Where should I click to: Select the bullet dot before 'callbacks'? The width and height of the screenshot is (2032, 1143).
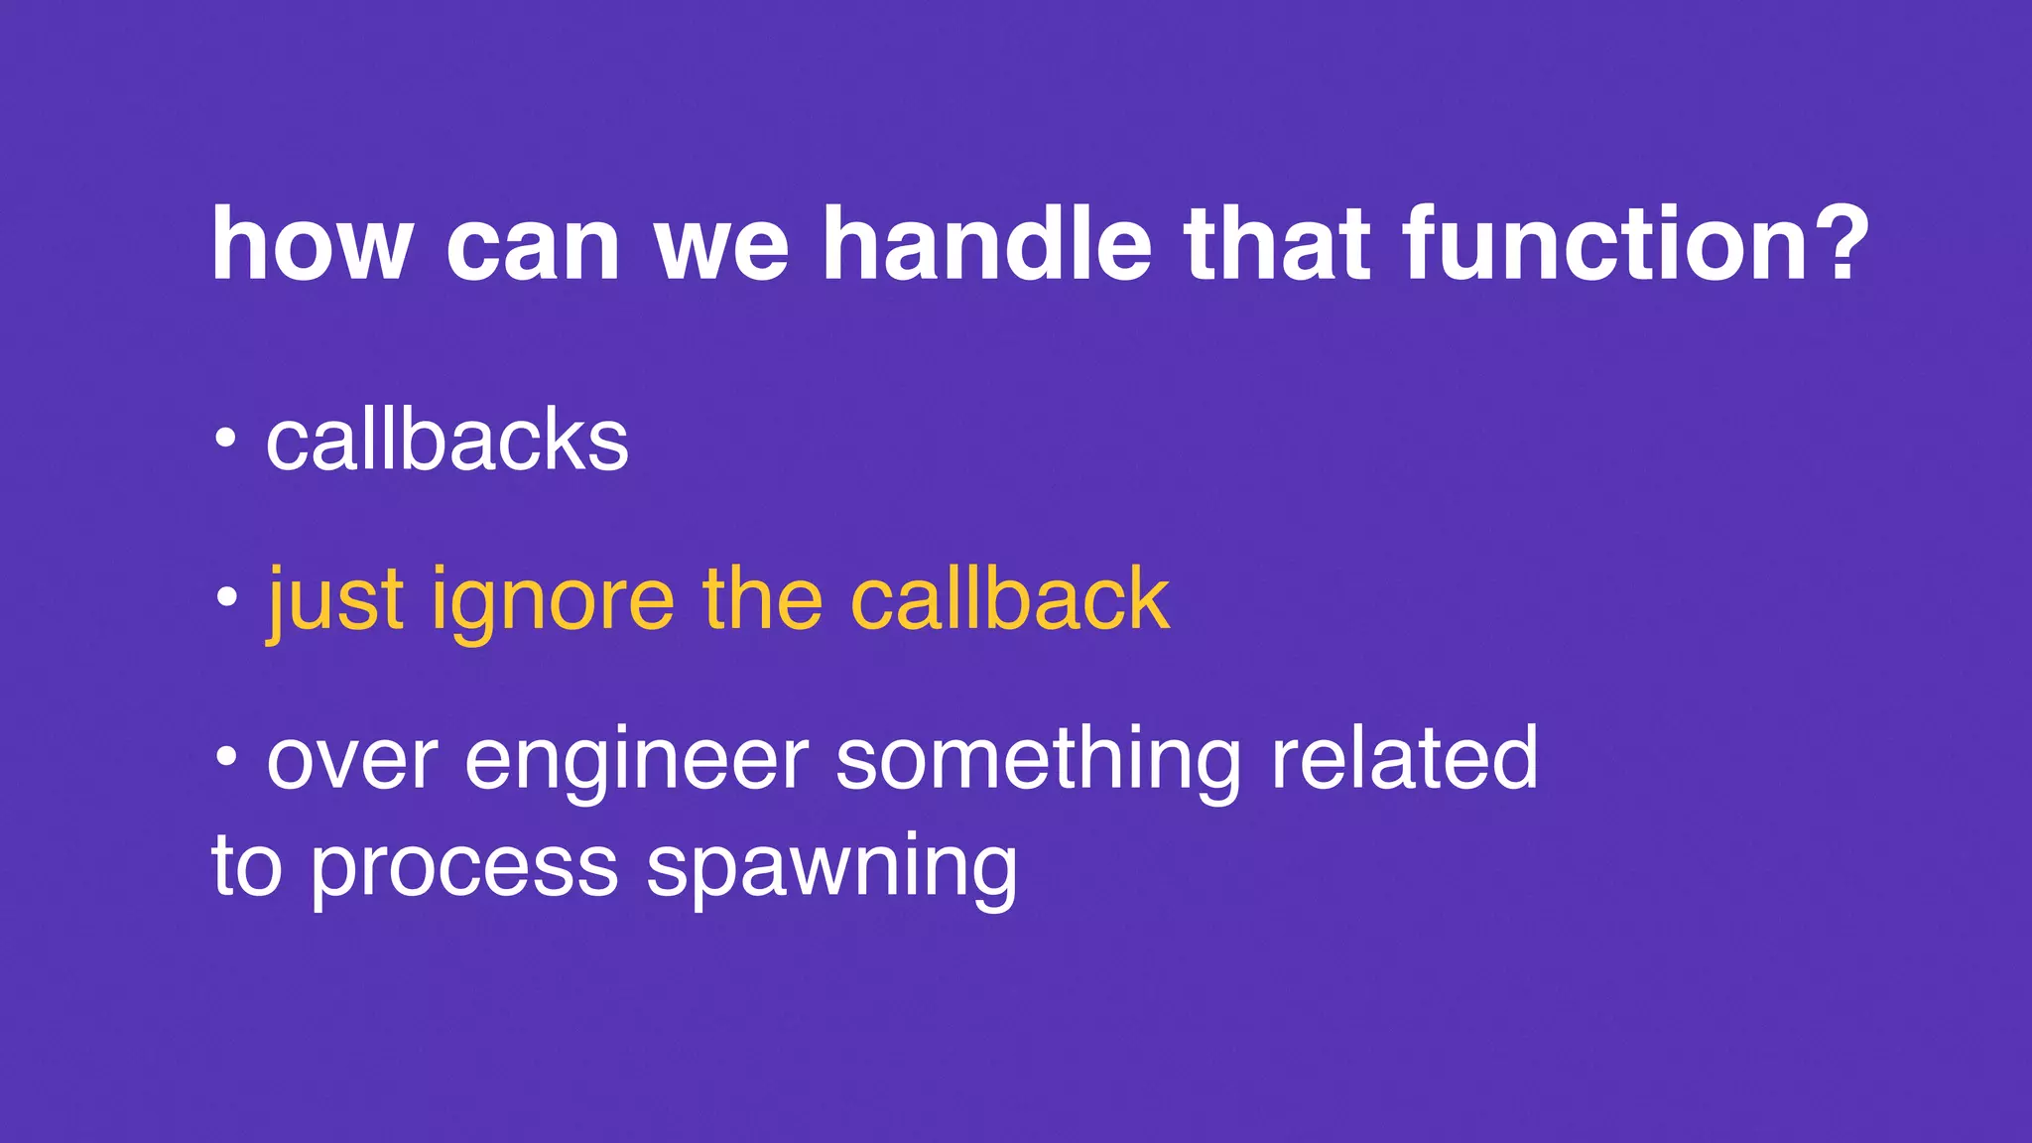coord(226,438)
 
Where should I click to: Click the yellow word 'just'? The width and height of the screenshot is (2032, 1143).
coord(335,599)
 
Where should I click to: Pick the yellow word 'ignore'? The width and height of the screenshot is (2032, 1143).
coord(553,601)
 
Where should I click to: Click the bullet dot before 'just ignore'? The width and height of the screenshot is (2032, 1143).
coord(226,597)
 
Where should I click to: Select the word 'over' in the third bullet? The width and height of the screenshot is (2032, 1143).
coord(351,760)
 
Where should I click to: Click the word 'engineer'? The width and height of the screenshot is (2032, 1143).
coord(636,760)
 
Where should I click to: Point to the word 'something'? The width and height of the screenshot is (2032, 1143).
coord(1038,760)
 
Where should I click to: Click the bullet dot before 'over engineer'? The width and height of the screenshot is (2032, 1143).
coord(226,758)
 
